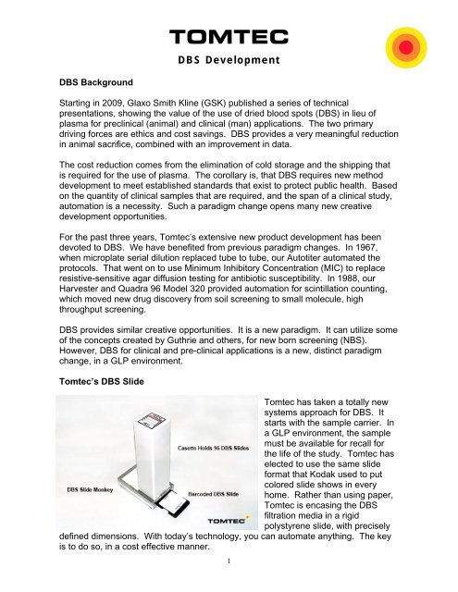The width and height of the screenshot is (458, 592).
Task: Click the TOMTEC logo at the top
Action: click(229, 37)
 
